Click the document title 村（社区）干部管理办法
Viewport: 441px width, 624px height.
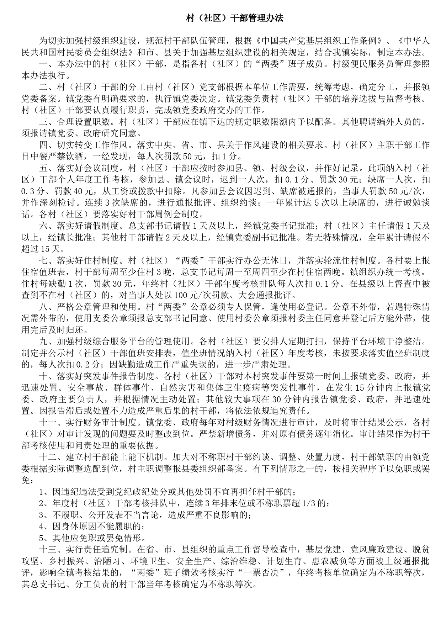235,18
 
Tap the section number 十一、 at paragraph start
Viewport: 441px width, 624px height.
48,422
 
